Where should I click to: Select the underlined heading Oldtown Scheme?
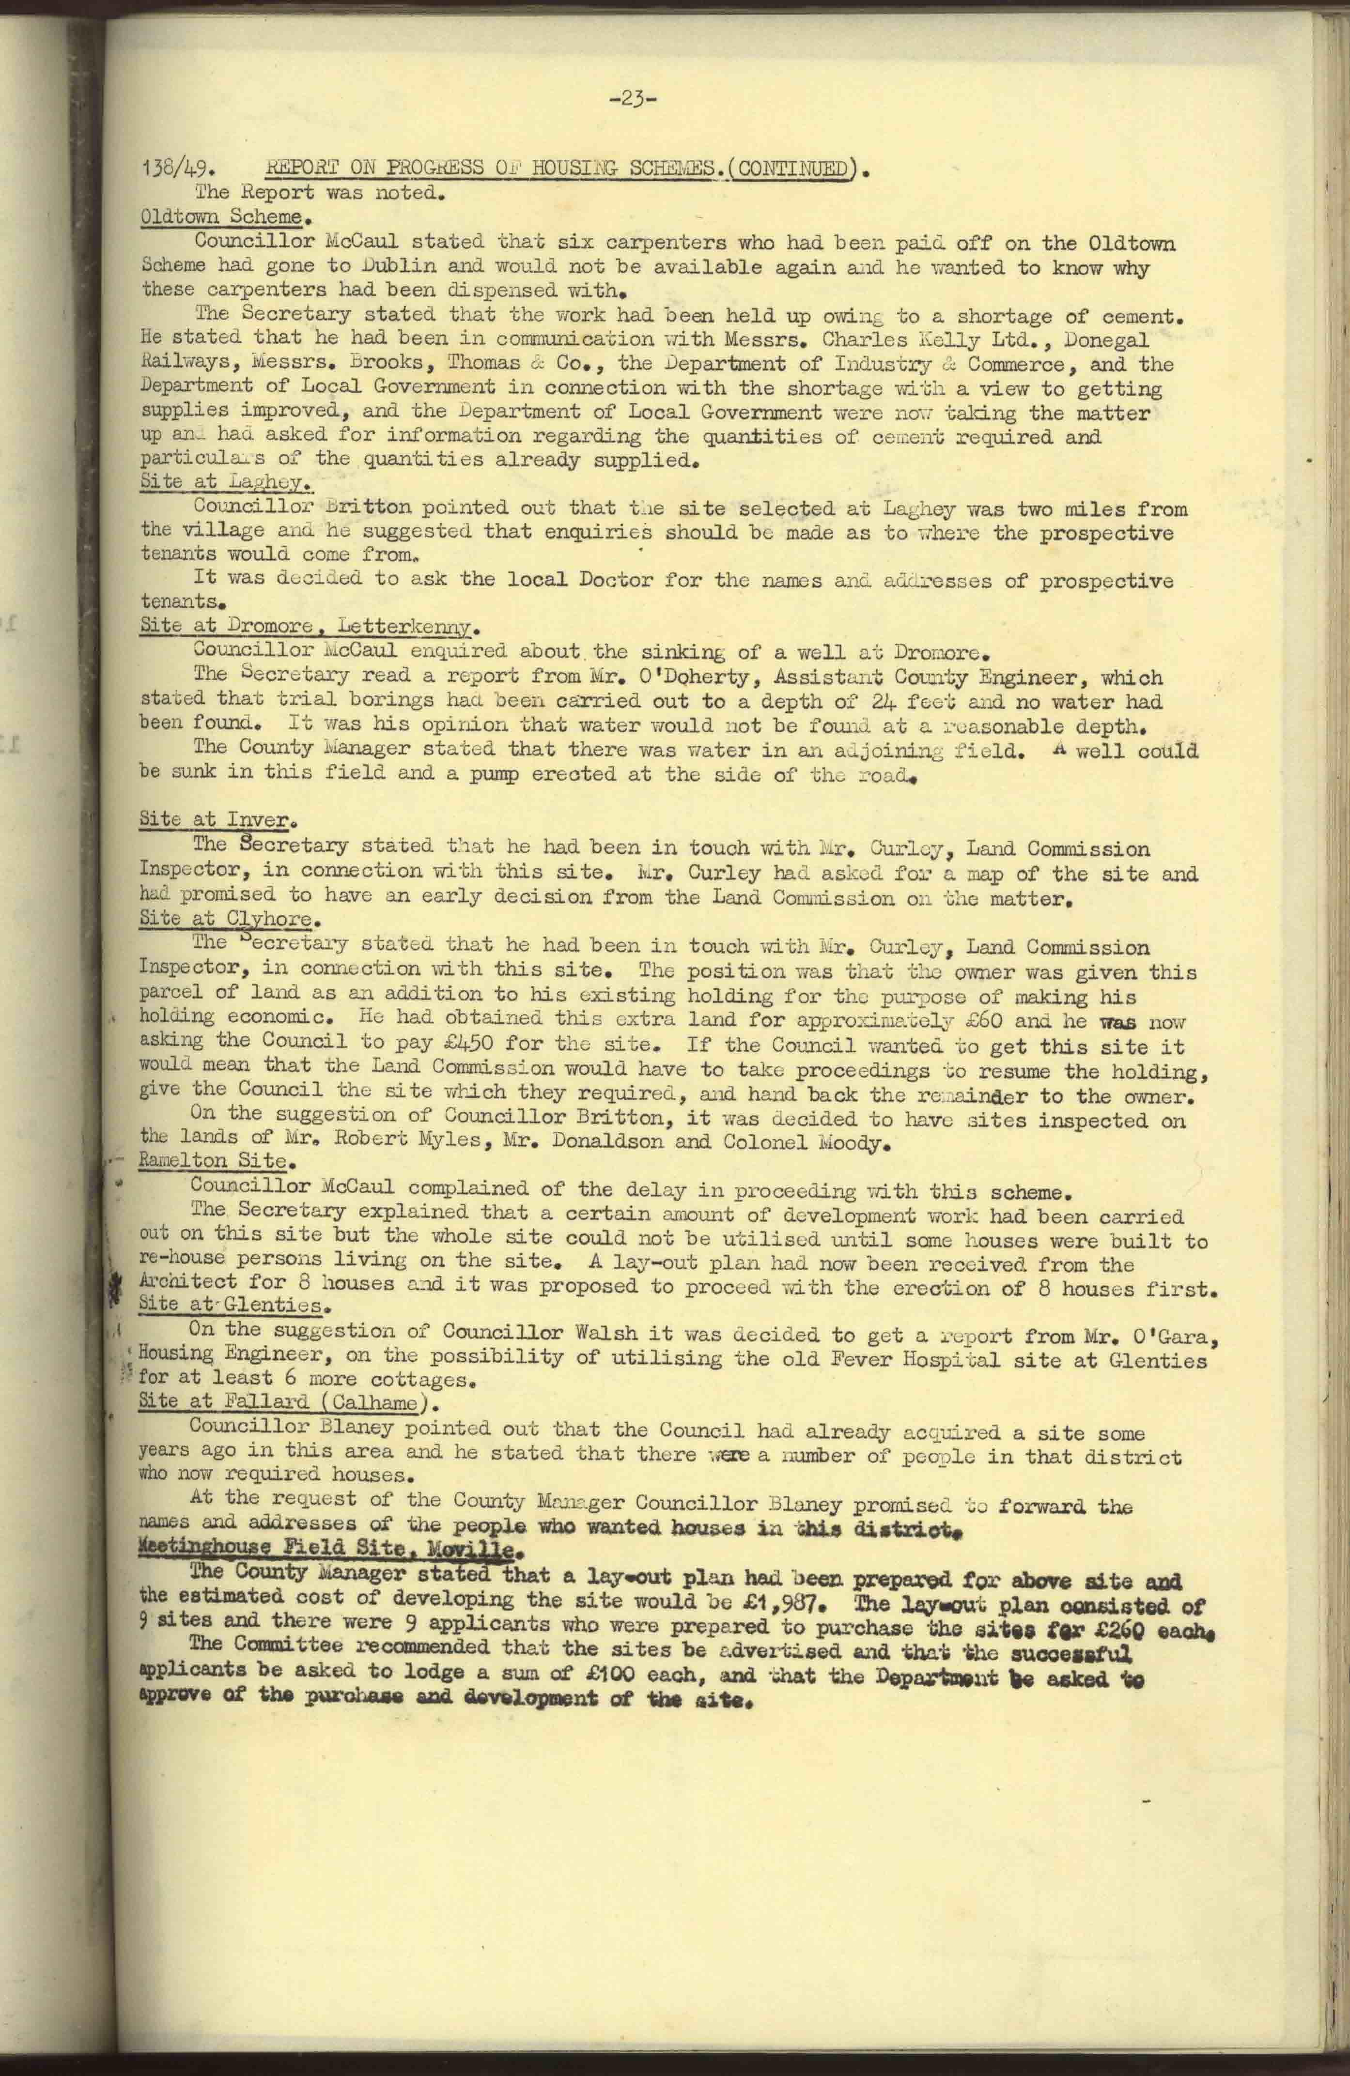coord(222,217)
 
